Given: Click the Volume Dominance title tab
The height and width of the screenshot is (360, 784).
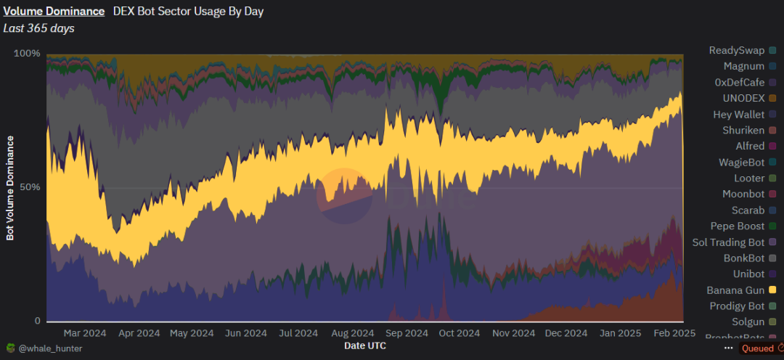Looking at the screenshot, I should [x=54, y=12].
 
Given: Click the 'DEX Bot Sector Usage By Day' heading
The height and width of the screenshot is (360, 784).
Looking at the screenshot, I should [x=188, y=12].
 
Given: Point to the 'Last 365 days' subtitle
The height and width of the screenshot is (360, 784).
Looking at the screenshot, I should [x=38, y=28].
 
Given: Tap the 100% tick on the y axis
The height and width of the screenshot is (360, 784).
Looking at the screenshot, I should [x=28, y=54].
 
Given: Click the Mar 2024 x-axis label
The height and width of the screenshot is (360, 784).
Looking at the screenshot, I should [x=85, y=333].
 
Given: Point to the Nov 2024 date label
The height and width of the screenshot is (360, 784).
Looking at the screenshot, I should [x=513, y=333].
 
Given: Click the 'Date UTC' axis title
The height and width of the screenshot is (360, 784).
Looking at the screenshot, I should [x=364, y=346].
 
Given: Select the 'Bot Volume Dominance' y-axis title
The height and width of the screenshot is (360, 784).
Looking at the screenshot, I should [x=10, y=187].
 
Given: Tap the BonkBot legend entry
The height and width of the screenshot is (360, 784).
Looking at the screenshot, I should [x=744, y=258].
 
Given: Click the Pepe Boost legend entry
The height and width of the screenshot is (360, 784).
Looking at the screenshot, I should [x=738, y=226].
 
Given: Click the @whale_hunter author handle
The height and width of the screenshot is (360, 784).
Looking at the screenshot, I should [x=50, y=348].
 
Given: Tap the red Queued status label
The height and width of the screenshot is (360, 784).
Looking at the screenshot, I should [x=757, y=348].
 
